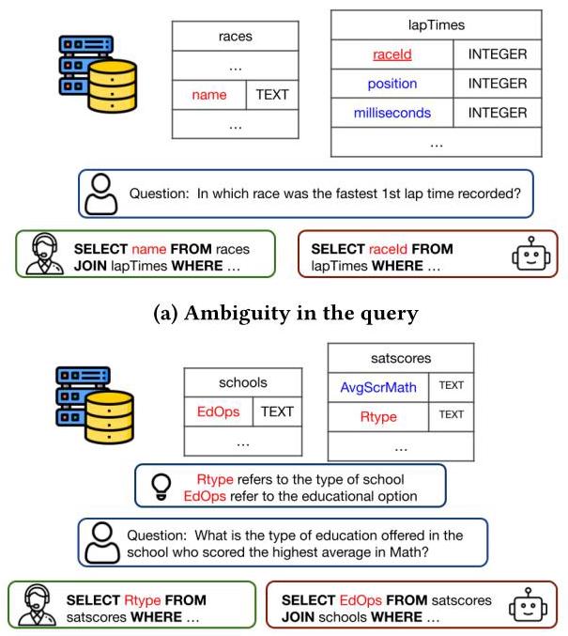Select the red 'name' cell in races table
pyautogui.click(x=209, y=95)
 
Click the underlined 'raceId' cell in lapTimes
pyautogui.click(x=391, y=54)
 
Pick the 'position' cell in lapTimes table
pyautogui.click(x=391, y=84)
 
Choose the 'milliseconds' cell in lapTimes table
pyautogui.click(x=391, y=113)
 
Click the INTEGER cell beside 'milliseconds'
pyautogui.click(x=497, y=113)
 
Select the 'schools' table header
pyautogui.click(x=242, y=382)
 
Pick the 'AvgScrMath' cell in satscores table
pyautogui.click(x=377, y=385)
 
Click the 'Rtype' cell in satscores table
pyautogui.click(x=377, y=414)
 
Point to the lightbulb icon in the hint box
pyautogui.click(x=160, y=486)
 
